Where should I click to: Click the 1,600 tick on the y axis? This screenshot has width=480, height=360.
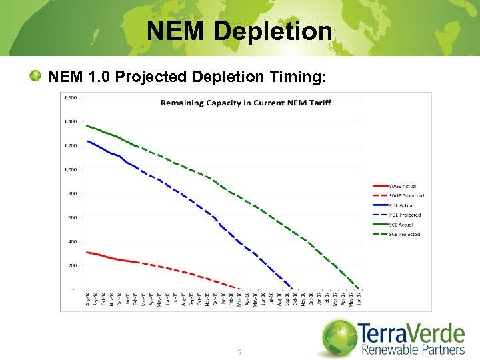pos(69,97)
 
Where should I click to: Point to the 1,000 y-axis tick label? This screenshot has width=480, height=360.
pos(69,169)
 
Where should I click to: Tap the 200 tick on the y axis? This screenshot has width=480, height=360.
pos(71,265)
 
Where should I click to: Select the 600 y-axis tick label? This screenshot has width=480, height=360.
pos(71,217)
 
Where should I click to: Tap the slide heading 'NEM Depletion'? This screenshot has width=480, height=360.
pos(239,31)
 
